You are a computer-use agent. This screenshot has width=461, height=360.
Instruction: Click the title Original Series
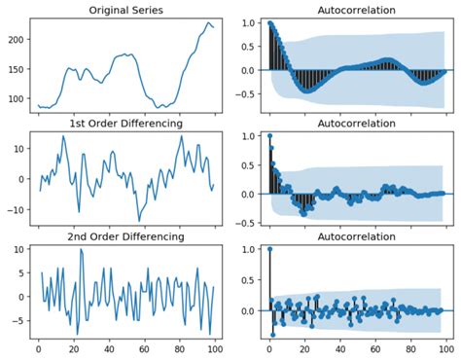tap(125, 10)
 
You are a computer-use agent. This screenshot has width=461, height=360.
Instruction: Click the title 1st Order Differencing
tap(125, 124)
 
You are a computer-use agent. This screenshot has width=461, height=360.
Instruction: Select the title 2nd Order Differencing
tap(125, 237)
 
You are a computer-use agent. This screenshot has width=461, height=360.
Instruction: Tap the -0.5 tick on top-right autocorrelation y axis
tap(247, 94)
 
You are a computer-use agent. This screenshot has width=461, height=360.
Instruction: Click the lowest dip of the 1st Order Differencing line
tap(140, 219)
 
